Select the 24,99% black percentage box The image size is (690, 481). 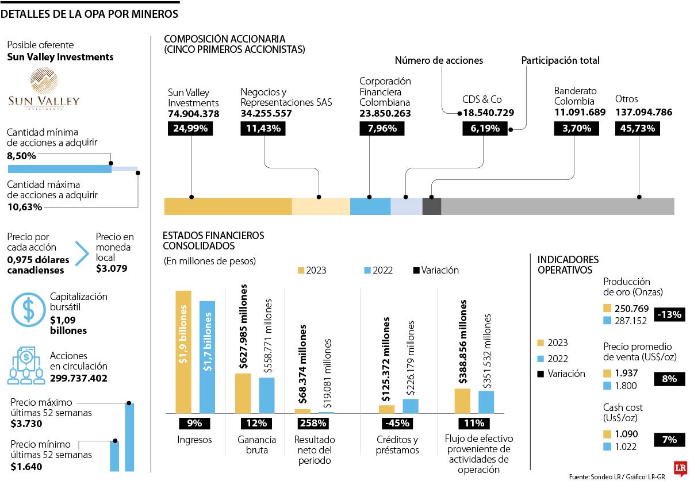pos(190,128)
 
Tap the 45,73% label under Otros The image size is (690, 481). pos(637,128)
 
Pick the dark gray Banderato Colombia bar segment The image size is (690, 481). pos(431,206)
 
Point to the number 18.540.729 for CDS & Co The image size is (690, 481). pos(488,113)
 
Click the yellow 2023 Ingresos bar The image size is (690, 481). pos(183,352)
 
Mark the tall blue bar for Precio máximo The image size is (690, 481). pos(129,437)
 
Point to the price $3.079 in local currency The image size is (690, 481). pos(112,268)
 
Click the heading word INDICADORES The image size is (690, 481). pos(568,260)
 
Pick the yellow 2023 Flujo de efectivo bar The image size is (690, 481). pos(463,401)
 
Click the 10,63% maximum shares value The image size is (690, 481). pos(24,207)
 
